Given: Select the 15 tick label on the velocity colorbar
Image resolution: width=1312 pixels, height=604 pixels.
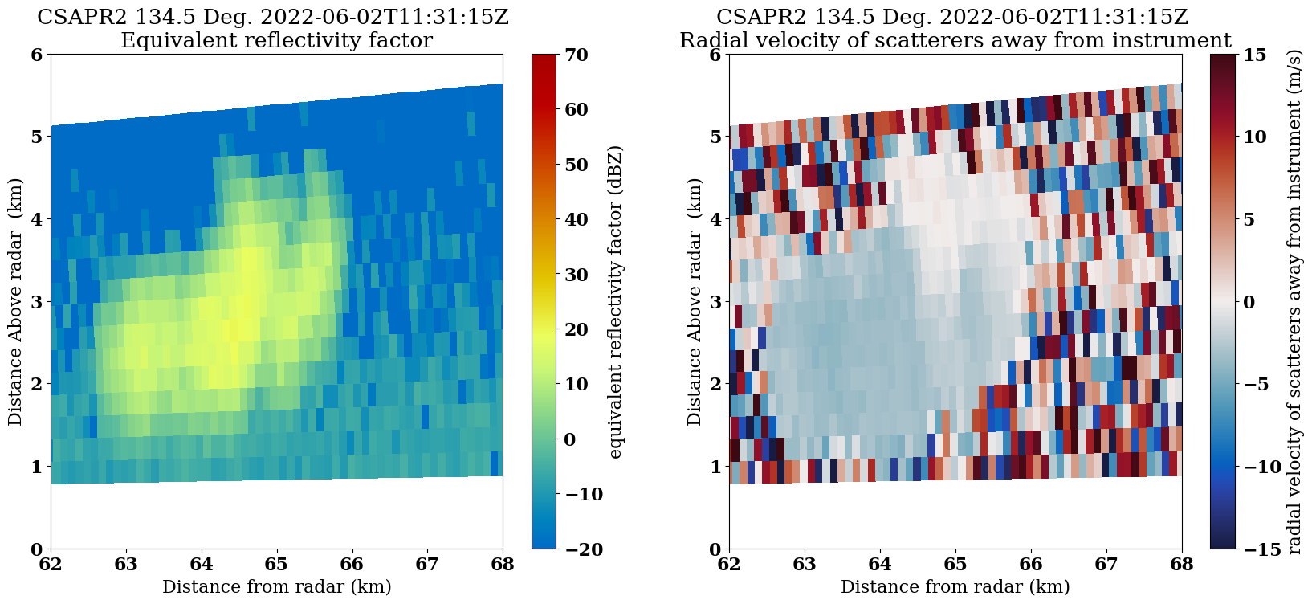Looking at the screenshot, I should pos(1254,55).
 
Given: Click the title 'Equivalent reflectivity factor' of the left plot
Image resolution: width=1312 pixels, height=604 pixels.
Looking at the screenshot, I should pos(276,40).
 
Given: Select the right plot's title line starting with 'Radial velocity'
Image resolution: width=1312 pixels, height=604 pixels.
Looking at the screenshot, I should pos(955,40).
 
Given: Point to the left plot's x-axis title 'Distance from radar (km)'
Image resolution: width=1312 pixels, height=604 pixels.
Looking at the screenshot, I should pos(276,586).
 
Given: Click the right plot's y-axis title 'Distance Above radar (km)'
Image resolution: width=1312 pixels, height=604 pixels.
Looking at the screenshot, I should pos(695,302).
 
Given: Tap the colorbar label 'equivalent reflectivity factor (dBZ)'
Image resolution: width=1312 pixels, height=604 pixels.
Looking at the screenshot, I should pos(616,302).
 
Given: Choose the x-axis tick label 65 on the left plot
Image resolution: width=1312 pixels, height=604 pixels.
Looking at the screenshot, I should pos(276,565).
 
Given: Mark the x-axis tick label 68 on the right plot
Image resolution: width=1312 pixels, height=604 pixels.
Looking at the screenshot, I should pos(1181,565).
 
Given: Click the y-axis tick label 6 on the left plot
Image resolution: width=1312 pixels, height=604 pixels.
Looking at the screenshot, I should pos(35,55).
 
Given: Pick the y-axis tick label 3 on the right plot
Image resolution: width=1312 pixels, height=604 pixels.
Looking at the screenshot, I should pos(714,302).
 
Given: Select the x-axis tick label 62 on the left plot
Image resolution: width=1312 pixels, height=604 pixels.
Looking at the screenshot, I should pos(51,565).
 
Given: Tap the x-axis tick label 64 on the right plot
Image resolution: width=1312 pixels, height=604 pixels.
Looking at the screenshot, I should pos(880,565).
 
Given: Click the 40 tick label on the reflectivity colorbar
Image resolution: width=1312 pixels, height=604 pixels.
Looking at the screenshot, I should pos(577,220).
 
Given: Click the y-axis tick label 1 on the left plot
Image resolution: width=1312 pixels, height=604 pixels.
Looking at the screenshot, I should pos(35,467).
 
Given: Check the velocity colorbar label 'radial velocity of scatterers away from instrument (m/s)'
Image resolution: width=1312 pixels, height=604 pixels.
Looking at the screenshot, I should pos(1294,302).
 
